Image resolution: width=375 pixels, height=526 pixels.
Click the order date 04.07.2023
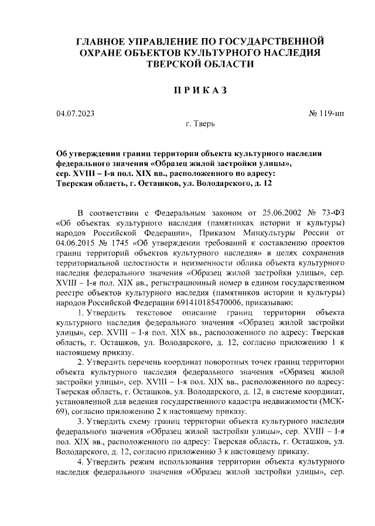[x=76, y=113]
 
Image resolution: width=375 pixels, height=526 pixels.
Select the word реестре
[x=71, y=293]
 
